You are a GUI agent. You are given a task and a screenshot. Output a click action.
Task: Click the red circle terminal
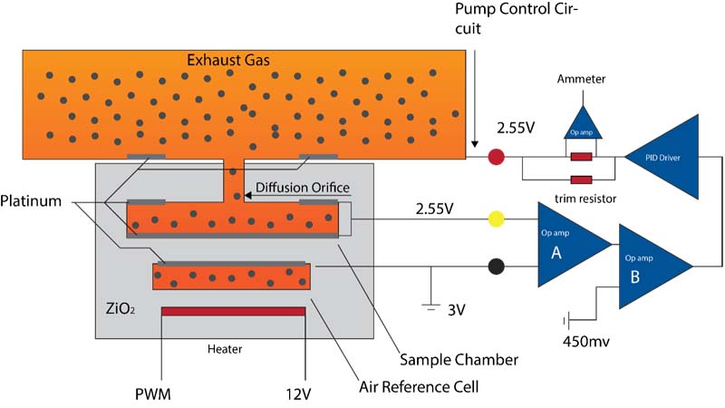(496, 158)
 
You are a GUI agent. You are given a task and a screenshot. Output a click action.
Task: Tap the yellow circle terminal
(496, 219)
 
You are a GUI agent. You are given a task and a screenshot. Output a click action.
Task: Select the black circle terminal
(496, 267)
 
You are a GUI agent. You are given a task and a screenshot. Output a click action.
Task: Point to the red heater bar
(233, 312)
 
